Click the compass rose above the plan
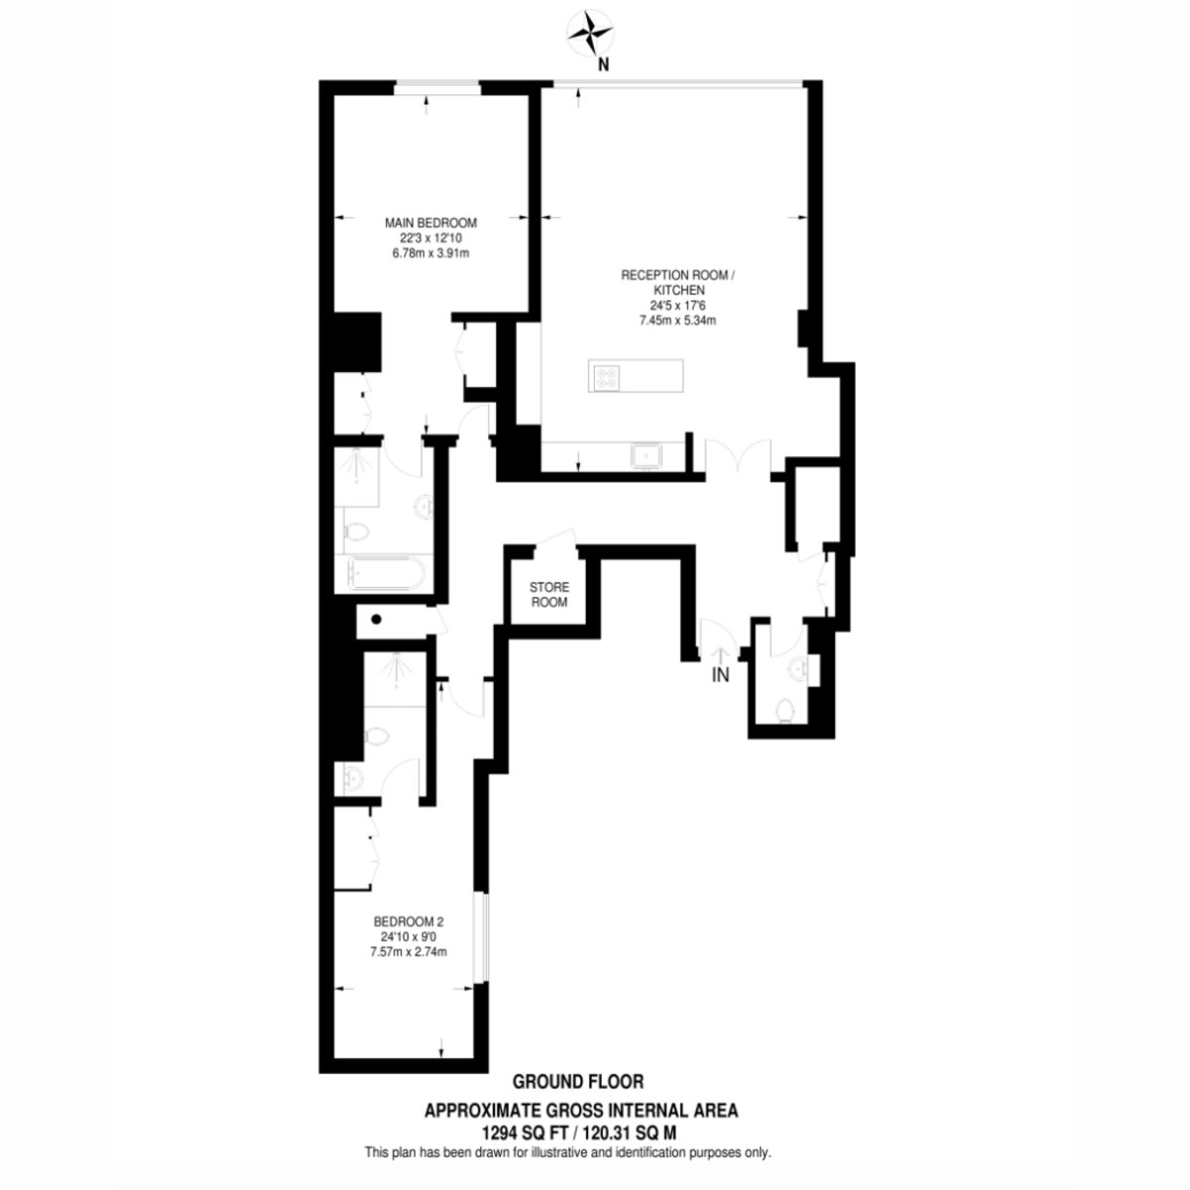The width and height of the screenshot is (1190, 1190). pos(590,32)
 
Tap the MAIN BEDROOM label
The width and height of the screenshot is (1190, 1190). pos(430,223)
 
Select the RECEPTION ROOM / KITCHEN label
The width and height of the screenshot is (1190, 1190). pos(678,283)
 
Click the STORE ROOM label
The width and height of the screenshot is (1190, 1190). pos(549,594)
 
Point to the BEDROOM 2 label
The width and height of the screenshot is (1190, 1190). pos(409,922)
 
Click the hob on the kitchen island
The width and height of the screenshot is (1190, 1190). pos(606,378)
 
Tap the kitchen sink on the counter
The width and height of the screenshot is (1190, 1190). pos(646,457)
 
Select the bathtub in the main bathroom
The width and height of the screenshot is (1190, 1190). pos(386,574)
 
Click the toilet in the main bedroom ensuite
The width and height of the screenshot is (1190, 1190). pos(356,531)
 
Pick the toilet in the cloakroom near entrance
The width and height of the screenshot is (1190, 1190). pos(785,709)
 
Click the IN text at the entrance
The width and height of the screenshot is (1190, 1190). pos(720,675)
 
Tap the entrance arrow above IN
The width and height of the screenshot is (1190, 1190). pos(721,654)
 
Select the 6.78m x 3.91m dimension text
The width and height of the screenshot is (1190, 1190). pos(430,253)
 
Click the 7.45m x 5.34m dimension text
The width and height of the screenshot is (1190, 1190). pos(677,320)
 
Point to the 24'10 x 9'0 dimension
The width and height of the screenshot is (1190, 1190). pos(409,937)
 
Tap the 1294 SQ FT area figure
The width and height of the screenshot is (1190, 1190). pos(524,1133)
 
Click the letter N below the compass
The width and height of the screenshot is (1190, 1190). pos(603,64)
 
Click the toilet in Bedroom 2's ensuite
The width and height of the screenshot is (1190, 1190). pos(376,736)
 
